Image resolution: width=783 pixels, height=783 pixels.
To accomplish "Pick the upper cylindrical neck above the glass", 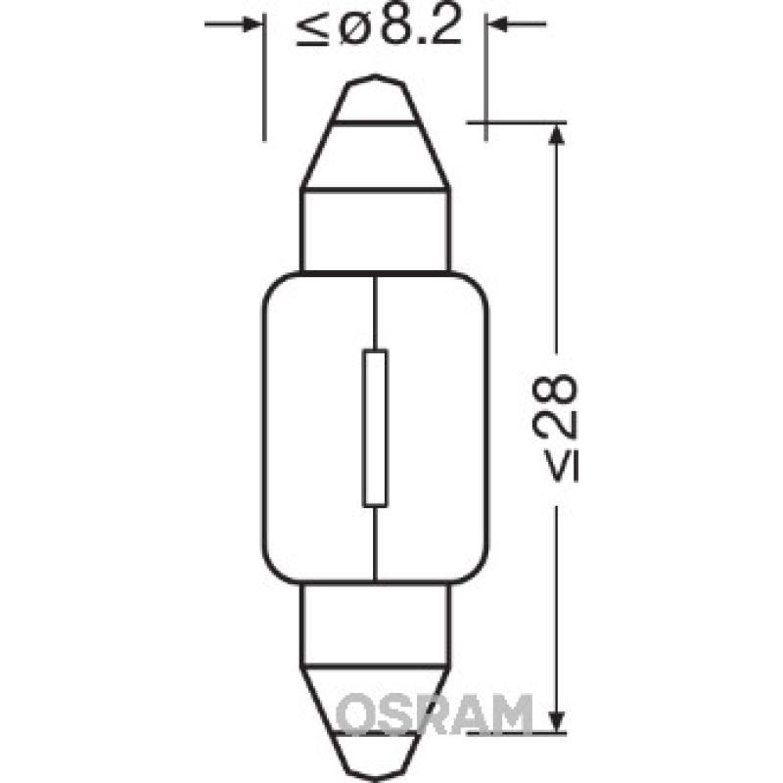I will pyautogui.click(x=376, y=230).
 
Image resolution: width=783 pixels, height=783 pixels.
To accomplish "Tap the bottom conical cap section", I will pyautogui.click(x=376, y=700).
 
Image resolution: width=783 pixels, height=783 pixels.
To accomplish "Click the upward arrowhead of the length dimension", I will pyautogui.click(x=556, y=137).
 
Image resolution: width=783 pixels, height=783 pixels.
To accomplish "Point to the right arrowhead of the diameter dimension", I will pyautogui.click(x=501, y=23).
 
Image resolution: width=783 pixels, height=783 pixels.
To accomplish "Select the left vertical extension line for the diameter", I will pyautogui.click(x=264, y=78).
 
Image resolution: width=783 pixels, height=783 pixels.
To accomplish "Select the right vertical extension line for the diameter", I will pyautogui.click(x=487, y=78).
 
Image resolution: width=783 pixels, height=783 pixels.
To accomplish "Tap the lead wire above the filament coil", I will pyautogui.click(x=376, y=313).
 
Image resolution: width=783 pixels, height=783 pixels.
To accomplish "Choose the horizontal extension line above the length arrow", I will pyautogui.click(x=519, y=122).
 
